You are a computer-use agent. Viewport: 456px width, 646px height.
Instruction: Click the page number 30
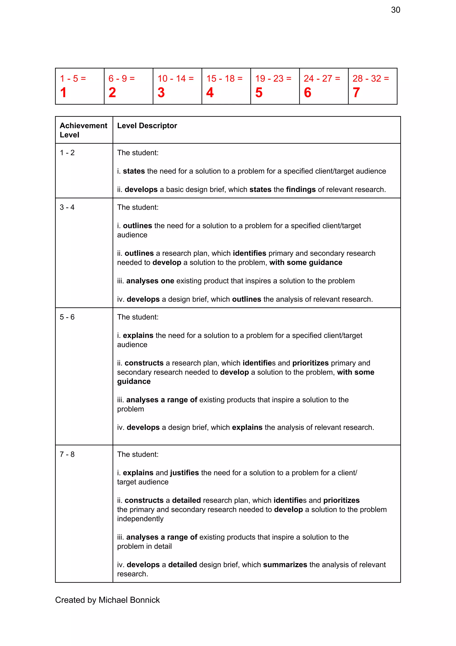395,10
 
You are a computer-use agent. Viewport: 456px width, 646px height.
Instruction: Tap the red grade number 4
210,93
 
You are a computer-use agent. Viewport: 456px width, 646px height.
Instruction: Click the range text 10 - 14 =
175,78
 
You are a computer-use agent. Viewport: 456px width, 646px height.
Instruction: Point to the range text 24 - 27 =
322,78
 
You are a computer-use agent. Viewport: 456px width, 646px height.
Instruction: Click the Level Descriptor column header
147,126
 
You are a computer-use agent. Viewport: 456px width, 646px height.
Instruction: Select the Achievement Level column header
83,130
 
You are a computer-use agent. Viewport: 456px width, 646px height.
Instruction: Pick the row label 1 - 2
67,153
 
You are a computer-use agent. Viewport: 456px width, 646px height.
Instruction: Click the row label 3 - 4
67,207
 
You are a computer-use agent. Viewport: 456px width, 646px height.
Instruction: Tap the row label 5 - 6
67,317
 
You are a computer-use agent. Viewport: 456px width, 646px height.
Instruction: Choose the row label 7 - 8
67,454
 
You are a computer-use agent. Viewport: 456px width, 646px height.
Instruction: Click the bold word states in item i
134,171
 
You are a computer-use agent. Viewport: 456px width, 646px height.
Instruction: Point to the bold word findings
301,190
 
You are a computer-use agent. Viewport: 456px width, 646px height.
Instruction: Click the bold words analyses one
150,281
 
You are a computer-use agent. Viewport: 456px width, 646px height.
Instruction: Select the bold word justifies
185,473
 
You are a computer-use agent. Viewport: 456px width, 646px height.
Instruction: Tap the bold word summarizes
285,565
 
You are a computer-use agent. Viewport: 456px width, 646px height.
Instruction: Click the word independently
140,519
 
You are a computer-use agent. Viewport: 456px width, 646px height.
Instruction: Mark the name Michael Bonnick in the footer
129,600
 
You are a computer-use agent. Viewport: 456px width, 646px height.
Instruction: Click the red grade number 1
63,93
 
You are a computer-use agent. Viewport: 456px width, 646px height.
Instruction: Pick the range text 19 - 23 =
273,78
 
